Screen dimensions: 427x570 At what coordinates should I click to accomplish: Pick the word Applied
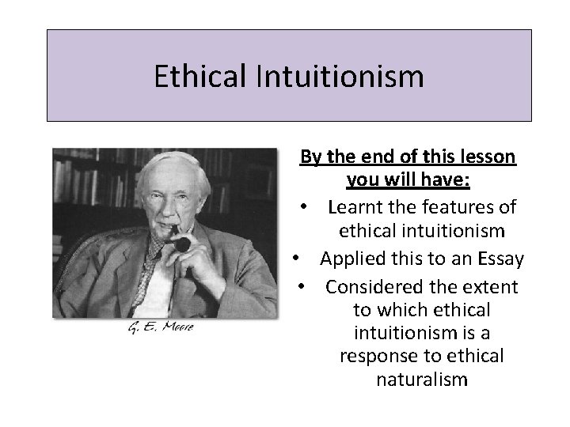tap(351, 258)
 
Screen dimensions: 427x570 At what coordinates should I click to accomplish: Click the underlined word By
tap(309, 157)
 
